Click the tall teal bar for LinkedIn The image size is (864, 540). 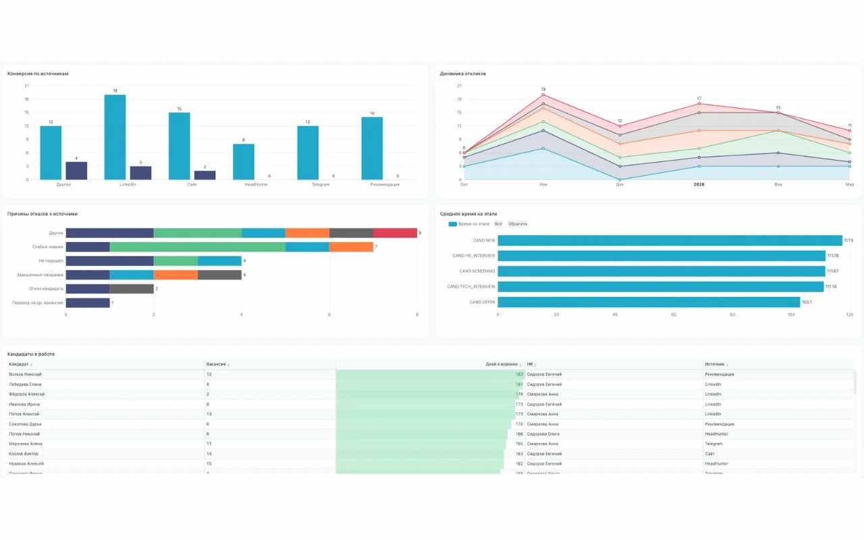pos(115,137)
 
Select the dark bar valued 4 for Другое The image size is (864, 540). pos(76,171)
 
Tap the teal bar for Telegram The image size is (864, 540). pos(308,153)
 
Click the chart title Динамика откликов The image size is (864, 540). pos(463,74)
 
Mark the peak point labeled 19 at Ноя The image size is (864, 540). pos(543,94)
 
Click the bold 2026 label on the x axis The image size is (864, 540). pos(699,184)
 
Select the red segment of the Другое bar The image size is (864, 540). pos(395,233)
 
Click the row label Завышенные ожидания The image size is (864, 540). pos(40,275)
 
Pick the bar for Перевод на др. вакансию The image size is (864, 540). pos(88,303)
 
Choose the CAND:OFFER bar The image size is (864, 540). pos(649,302)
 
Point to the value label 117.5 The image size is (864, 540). pos(848,240)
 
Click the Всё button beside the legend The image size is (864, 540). pos(498,223)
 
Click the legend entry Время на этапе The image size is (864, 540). pos(473,223)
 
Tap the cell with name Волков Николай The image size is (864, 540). pos(25,374)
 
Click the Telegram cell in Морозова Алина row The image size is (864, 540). pos(713,444)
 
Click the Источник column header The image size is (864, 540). pos(714,364)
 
